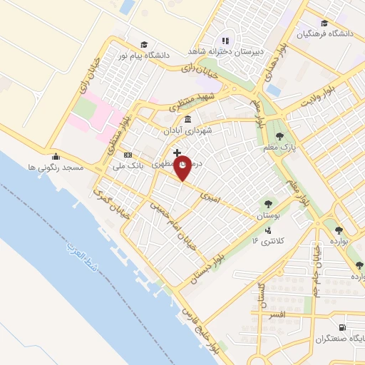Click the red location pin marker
click(x=183, y=166)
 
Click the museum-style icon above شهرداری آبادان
click(x=187, y=119)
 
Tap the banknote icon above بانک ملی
click(x=128, y=155)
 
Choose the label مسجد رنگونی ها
click(x=61, y=167)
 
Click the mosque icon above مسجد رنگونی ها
click(x=56, y=157)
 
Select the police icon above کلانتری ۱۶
click(x=268, y=230)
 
